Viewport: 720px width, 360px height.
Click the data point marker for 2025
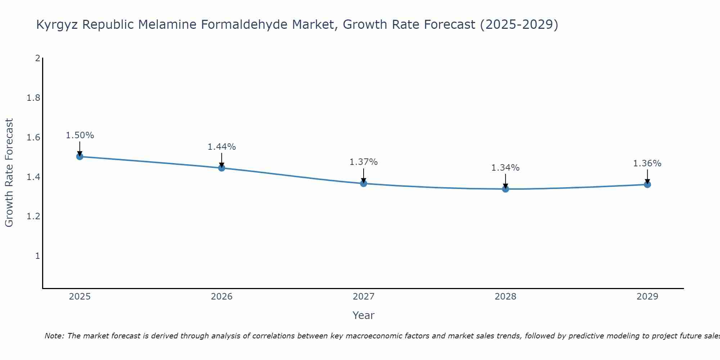pyautogui.click(x=80, y=157)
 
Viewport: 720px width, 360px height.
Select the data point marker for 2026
pyautogui.click(x=222, y=168)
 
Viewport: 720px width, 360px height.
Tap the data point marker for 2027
pyautogui.click(x=364, y=184)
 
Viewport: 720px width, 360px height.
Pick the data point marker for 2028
pyautogui.click(x=505, y=189)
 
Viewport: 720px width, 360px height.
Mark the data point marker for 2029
pyautogui.click(x=647, y=185)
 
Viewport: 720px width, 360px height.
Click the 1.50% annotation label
pyautogui.click(x=80, y=135)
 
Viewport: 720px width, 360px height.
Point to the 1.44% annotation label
pyautogui.click(x=222, y=147)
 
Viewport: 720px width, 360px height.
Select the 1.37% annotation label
pyautogui.click(x=364, y=162)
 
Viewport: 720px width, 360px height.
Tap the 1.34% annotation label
pyautogui.click(x=505, y=168)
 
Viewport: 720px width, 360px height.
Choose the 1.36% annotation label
pyautogui.click(x=647, y=163)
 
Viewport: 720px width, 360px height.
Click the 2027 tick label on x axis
pyautogui.click(x=364, y=297)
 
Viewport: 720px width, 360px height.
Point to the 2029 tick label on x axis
pyautogui.click(x=647, y=297)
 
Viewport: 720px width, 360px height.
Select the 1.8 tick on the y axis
pyautogui.click(x=33, y=98)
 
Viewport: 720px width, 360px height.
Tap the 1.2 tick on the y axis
pyautogui.click(x=33, y=216)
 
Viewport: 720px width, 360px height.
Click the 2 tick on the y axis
pyautogui.click(x=37, y=58)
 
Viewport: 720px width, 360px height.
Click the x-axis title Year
pyautogui.click(x=364, y=315)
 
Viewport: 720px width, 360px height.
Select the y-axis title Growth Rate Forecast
pyautogui.click(x=9, y=173)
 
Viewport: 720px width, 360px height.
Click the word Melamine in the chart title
pyautogui.click(x=167, y=24)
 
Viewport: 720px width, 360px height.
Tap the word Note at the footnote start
pyautogui.click(x=54, y=336)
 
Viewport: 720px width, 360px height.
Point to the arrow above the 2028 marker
pyautogui.click(x=505, y=181)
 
